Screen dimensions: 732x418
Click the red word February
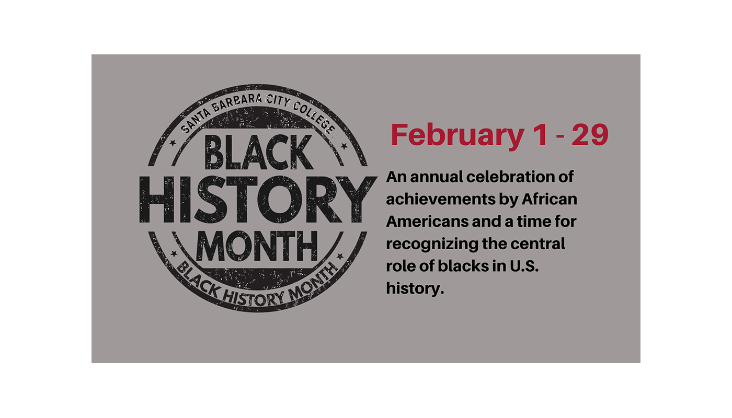click(458, 135)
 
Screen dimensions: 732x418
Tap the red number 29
click(590, 134)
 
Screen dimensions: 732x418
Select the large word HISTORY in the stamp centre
click(258, 199)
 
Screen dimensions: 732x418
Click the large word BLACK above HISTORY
click(258, 152)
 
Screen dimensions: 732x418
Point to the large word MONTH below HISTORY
click(257, 246)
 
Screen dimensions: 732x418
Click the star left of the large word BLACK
click(173, 143)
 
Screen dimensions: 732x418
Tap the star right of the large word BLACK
click(344, 146)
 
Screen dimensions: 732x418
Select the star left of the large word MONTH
click(174, 253)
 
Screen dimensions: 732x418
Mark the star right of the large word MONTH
click(340, 256)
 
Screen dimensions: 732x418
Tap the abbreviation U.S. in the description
click(524, 266)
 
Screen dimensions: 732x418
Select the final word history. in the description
click(415, 288)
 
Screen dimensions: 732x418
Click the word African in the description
click(550, 199)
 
